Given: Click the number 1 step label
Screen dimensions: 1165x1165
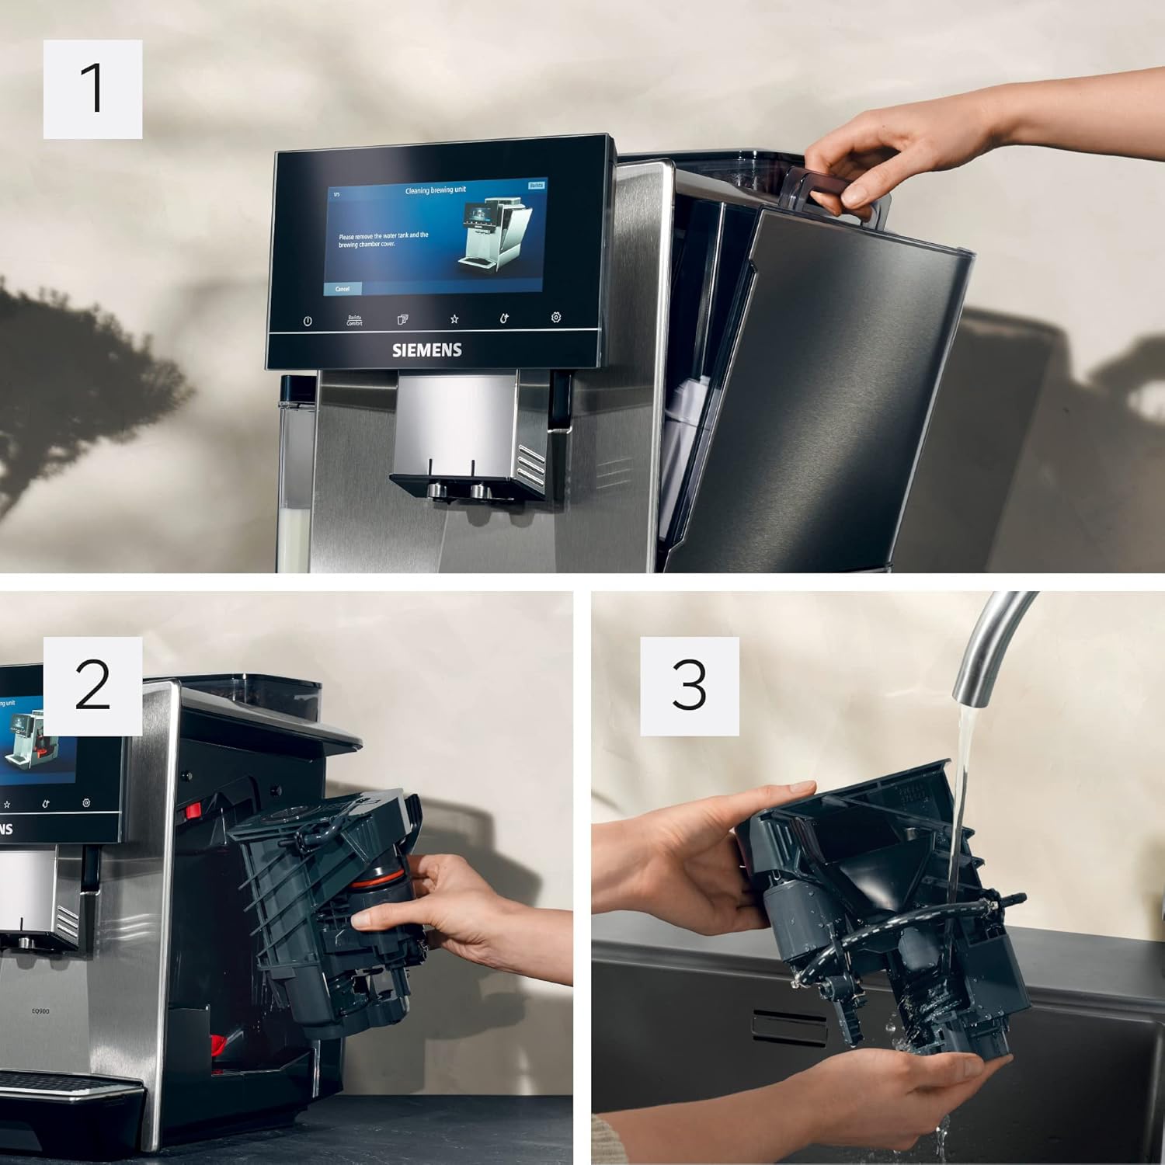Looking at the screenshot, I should coord(92,89).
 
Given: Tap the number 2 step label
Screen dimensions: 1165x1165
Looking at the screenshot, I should coord(92,686).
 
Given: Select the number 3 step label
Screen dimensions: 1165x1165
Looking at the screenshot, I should coord(689,686).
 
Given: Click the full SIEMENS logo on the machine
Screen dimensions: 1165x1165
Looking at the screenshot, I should coord(426,350).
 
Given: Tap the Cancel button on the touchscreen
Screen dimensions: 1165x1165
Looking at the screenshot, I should coord(343,289).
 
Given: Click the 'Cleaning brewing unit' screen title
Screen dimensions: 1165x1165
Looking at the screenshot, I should coord(435,190).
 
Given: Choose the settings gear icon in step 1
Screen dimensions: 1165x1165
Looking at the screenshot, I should coord(555,318).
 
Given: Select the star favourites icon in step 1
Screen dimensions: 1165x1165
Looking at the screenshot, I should coord(454,318).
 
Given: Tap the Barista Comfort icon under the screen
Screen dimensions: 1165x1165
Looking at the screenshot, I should coord(354,320).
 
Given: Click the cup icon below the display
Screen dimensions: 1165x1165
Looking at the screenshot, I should coord(402,319).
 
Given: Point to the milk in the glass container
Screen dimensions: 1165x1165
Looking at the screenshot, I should coord(294,536).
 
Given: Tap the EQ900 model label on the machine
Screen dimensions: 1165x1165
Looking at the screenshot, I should coord(40,1011).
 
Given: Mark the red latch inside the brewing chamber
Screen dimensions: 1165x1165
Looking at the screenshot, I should coord(192,811).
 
